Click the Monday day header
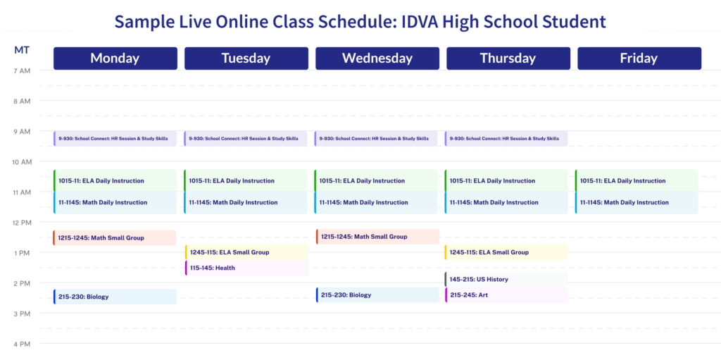point(115,58)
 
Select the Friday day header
point(639,58)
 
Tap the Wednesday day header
point(377,58)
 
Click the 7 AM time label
point(22,71)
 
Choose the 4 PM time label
point(22,344)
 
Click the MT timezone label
point(21,50)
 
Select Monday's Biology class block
point(115,297)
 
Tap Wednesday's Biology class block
point(377,295)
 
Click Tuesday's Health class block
point(246,268)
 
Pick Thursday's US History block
point(506,279)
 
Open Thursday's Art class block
point(506,294)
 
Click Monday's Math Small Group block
point(115,238)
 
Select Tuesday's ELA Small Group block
point(246,252)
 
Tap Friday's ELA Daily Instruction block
point(637,180)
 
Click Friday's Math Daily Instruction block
point(637,202)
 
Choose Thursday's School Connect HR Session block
point(506,138)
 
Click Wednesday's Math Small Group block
point(377,237)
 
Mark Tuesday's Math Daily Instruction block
point(246,202)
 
